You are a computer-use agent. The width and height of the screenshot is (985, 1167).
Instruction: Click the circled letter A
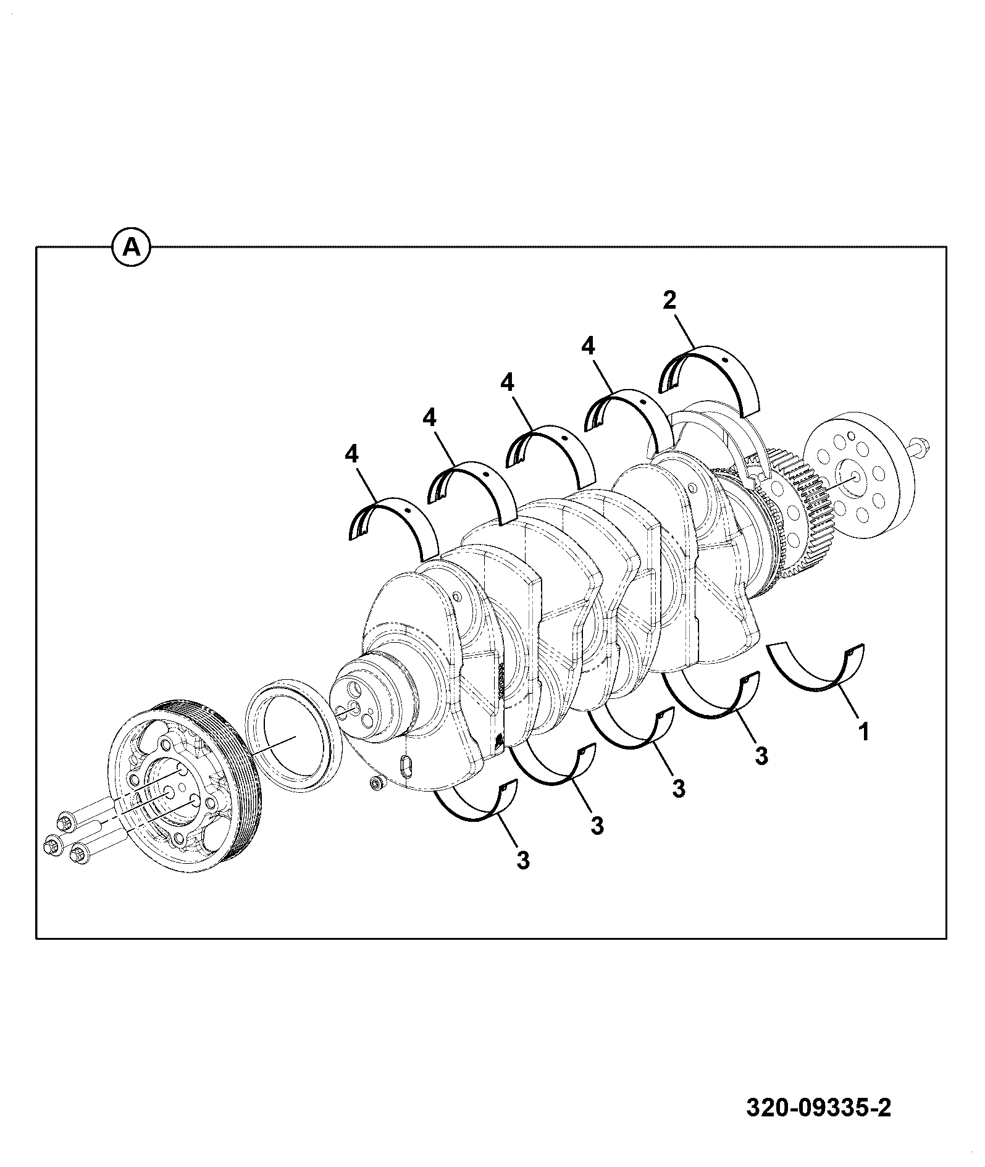click(x=131, y=247)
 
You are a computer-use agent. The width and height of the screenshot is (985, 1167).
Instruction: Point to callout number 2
click(x=669, y=301)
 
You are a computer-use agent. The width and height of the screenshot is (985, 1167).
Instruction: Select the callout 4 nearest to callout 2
click(x=589, y=346)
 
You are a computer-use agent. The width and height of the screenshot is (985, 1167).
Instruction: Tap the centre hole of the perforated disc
click(x=855, y=476)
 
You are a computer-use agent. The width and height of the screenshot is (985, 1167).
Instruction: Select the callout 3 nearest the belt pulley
click(x=523, y=860)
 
